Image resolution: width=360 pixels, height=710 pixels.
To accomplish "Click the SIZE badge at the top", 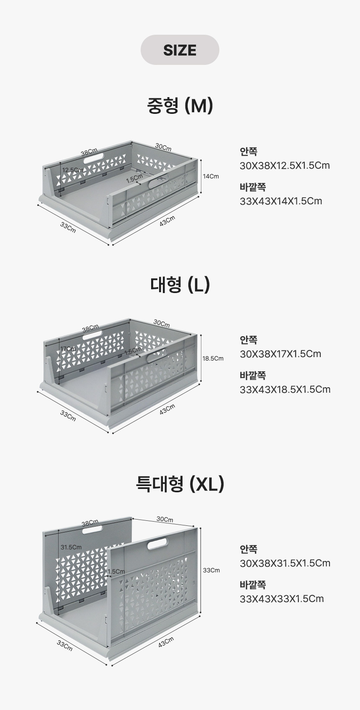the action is [180, 50].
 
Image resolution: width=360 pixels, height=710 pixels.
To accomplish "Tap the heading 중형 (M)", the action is [180, 105].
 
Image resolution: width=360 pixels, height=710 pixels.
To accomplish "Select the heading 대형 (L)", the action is [180, 284].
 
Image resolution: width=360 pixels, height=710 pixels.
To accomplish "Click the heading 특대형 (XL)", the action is [180, 484].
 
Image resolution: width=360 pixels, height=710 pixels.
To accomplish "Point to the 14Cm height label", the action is [211, 176].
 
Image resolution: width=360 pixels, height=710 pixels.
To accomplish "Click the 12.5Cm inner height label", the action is [72, 170].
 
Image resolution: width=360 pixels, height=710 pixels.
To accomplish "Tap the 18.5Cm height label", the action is [213, 358].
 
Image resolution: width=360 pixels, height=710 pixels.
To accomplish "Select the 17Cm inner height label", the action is [68, 349].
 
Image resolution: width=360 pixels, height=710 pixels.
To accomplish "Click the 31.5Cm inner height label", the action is [71, 547].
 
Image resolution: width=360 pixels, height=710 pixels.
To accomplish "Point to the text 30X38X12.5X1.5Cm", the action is [285, 165].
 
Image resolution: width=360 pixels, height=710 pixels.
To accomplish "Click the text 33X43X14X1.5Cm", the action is [281, 201].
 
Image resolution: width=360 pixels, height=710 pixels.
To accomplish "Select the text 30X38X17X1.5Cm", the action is [280, 354].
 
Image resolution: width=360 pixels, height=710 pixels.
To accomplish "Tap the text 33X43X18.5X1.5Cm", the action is [285, 389].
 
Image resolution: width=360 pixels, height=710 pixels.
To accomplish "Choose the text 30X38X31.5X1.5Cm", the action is [285, 563].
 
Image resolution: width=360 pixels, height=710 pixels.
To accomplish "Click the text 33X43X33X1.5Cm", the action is [282, 598].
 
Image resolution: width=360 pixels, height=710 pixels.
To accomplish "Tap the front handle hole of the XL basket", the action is [157, 543].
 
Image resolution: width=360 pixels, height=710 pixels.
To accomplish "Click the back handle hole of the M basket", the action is [93, 159].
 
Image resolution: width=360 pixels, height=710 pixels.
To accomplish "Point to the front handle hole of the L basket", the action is [157, 356].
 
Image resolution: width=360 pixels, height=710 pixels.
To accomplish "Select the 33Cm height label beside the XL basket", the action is [211, 570].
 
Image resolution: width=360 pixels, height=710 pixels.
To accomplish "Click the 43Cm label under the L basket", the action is [167, 409].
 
